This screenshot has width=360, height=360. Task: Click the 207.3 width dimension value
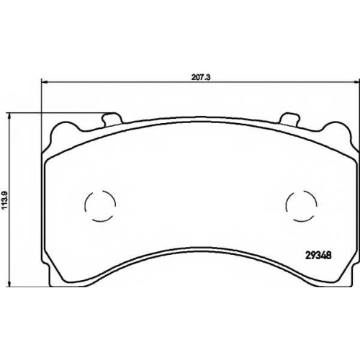click(x=201, y=77)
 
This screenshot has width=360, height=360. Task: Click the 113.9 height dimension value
click(x=6, y=201)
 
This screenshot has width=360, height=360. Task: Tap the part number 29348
click(x=318, y=256)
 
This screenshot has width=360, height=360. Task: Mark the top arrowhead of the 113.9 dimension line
click(x=9, y=116)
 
